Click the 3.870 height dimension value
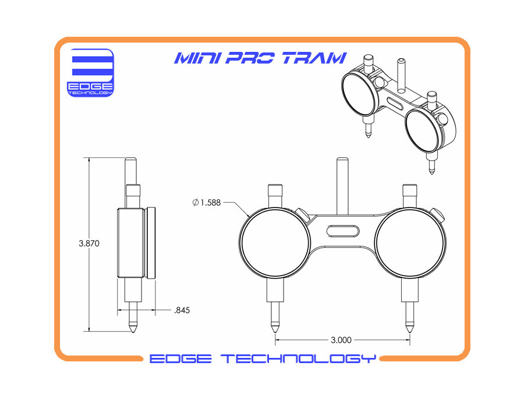(x=89, y=244)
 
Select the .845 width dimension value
(x=182, y=310)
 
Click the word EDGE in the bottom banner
(x=179, y=358)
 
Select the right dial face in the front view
(x=410, y=241)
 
